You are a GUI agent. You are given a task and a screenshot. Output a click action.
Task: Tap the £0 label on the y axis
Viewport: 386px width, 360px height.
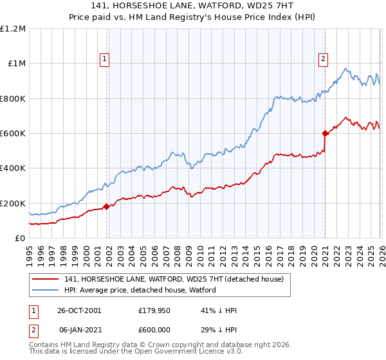click(19, 238)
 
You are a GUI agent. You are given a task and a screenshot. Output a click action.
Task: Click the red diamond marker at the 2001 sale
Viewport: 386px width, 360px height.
click(106, 206)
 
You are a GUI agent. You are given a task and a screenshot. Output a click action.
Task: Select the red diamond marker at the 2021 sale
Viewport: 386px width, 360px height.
click(325, 134)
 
